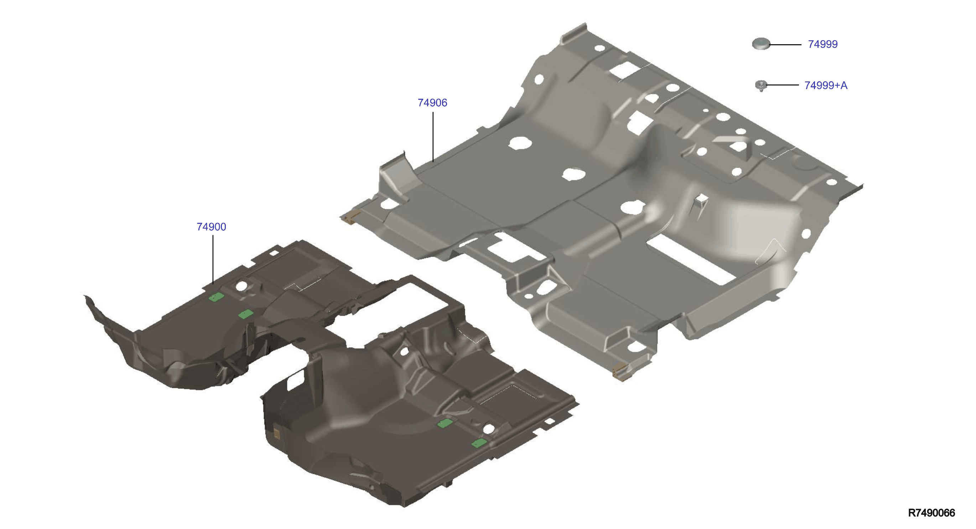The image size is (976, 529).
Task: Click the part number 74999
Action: [822, 44]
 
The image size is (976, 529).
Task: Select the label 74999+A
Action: [826, 85]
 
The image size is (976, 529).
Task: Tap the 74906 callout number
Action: [432, 103]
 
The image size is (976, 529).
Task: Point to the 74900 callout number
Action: [212, 227]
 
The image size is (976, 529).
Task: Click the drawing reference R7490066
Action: [931, 513]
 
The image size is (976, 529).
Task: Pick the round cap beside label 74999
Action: [761, 43]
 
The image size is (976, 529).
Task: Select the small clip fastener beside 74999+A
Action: [761, 86]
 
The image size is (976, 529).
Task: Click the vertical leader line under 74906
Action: [433, 137]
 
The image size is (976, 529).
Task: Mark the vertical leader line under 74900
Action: [213, 259]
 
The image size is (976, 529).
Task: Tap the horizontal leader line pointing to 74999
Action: [785, 44]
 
